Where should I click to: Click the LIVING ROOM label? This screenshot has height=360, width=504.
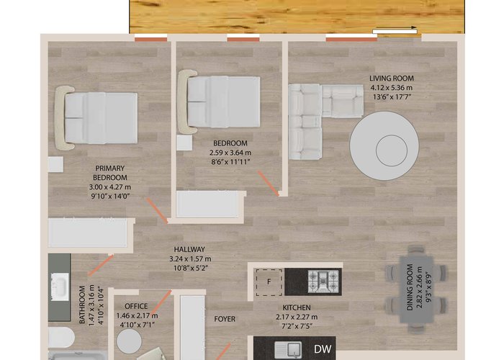pos(391,78)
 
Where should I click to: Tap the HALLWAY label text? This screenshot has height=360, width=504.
pos(189,249)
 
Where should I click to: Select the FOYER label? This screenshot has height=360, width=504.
pos(225,319)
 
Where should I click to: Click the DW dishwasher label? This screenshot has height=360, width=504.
pos(323,348)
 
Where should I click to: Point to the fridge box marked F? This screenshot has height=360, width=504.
pos(269,282)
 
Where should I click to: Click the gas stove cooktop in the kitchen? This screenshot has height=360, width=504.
pos(323,282)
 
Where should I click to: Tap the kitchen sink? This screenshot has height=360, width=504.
pos(288,350)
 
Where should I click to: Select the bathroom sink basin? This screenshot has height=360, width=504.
pos(60,287)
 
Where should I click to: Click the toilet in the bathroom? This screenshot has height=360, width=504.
pos(61,337)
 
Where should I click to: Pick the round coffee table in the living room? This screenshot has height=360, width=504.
pos(384,145)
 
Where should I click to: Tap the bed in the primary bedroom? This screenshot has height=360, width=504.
pos(96,118)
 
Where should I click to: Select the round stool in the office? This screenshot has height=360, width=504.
pos(129,341)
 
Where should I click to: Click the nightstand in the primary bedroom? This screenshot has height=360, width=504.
pos(55,165)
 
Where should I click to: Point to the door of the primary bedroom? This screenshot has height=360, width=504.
pos(157,210)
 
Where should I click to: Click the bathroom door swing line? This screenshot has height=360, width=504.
pos(101,266)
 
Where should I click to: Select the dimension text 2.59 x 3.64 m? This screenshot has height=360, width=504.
pos(230,153)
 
